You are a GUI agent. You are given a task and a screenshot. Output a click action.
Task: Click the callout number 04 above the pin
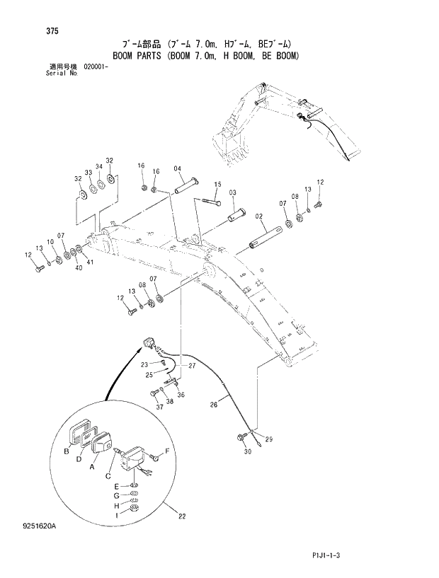coord(177,168)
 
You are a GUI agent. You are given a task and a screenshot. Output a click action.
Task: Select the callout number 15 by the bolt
coord(217,185)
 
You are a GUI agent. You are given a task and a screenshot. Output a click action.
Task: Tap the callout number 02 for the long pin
coord(259,216)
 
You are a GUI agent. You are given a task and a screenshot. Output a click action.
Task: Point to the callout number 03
coord(232,192)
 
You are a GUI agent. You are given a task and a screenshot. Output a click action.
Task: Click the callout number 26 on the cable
coord(213,405)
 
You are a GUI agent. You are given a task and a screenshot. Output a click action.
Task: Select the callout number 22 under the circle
coord(182,516)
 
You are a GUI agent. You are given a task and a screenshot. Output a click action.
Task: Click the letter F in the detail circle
coord(167,451)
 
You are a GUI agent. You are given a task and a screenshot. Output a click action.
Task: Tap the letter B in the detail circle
coord(67,451)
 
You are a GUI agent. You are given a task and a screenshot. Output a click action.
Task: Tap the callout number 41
coord(89,263)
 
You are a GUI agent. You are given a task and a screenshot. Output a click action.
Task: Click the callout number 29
coord(268,440)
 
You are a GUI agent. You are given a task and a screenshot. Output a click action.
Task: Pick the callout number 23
coord(144,364)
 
